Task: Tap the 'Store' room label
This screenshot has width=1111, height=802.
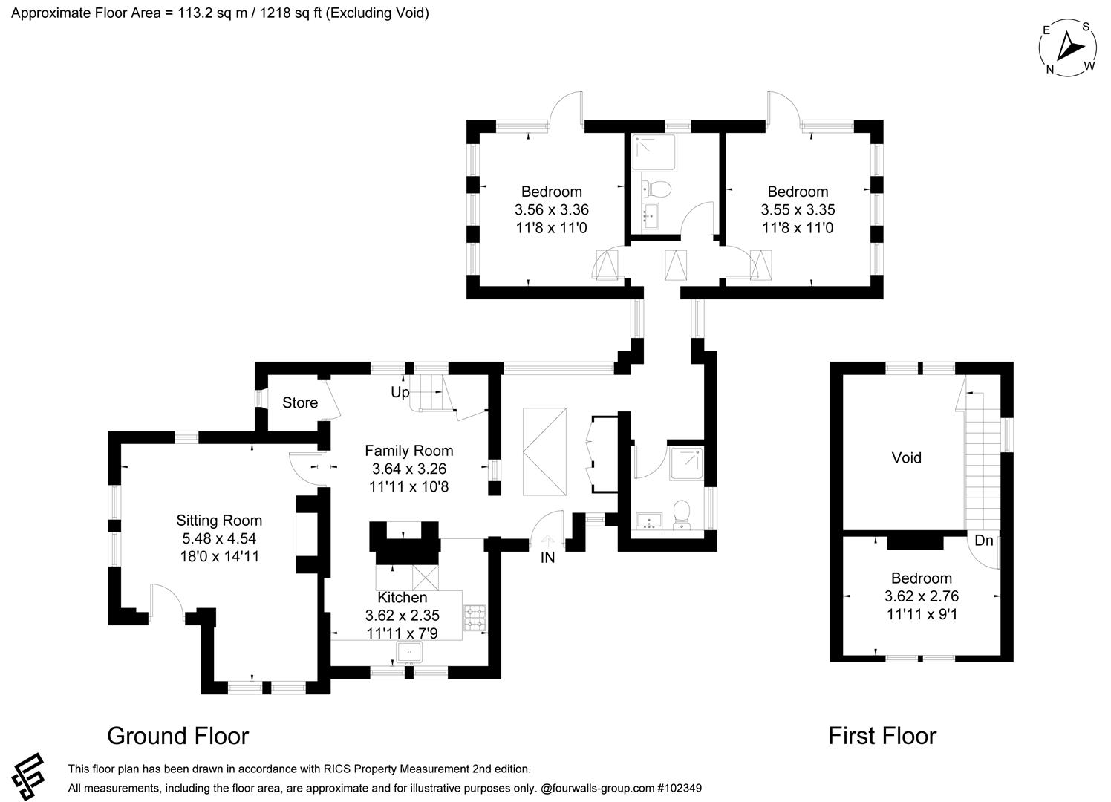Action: pos(300,402)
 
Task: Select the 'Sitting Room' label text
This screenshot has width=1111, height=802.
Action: pos(219,521)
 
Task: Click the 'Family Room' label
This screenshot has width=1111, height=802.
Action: pos(408,451)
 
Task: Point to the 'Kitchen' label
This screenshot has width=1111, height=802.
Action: pos(403,597)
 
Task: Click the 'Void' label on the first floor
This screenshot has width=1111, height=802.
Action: pos(906,457)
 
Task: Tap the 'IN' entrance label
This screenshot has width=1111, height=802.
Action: pos(547,558)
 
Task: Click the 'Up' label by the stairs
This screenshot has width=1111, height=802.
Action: pos(400,392)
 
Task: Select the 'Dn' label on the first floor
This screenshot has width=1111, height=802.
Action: pos(983,541)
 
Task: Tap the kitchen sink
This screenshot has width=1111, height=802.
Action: pos(409,653)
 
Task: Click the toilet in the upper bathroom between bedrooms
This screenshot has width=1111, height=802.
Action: pos(657,189)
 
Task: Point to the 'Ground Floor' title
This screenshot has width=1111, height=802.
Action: pos(177,736)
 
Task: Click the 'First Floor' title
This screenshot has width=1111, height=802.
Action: pos(882,736)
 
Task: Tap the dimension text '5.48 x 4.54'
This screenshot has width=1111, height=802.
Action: pos(219,538)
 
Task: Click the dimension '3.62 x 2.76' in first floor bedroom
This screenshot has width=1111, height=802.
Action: pos(922,596)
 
